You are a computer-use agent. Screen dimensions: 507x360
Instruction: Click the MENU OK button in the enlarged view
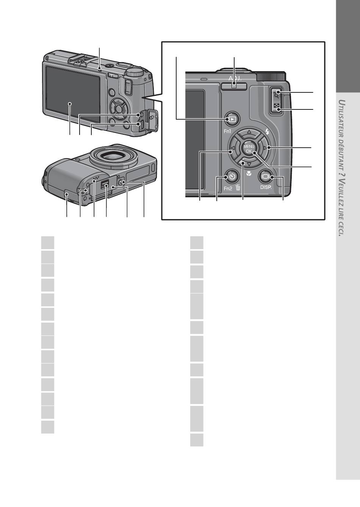249,148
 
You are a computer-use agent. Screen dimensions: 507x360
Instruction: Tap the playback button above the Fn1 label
231,119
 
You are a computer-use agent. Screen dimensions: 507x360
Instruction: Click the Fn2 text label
228,188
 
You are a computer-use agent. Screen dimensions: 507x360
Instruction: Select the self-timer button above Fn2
232,176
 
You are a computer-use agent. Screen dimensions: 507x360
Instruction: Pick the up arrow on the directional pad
249,132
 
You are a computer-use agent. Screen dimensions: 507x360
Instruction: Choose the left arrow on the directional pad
232,148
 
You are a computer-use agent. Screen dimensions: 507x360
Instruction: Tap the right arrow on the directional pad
266,148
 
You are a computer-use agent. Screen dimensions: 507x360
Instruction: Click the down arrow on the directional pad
249,164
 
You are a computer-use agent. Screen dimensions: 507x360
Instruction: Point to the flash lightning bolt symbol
268,132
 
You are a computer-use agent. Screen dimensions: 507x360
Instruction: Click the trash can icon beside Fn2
238,187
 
